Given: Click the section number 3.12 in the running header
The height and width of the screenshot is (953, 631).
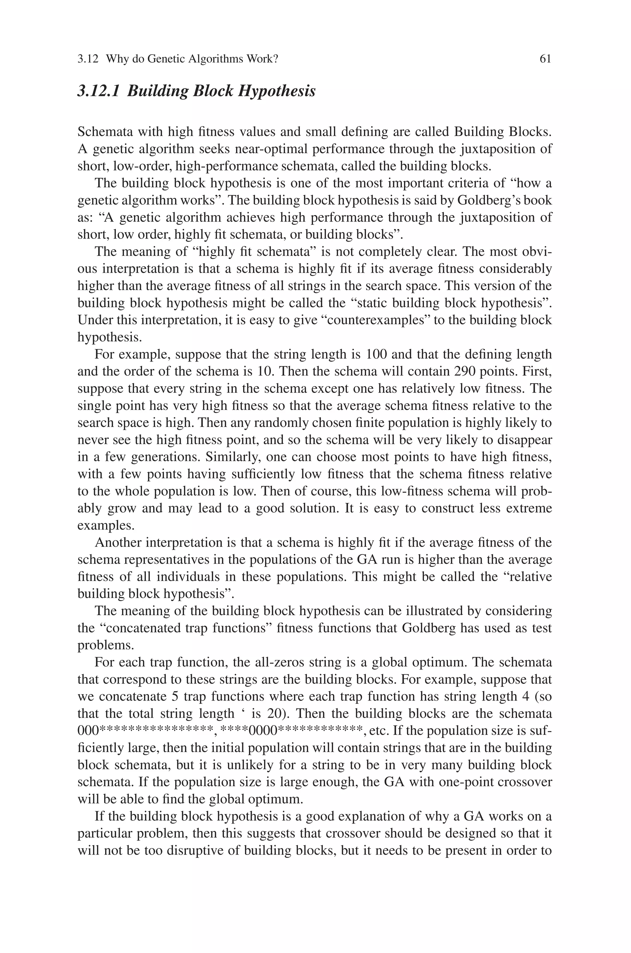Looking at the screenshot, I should tap(88, 59).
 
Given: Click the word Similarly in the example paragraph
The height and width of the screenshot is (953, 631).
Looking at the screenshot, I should tap(231, 457).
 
